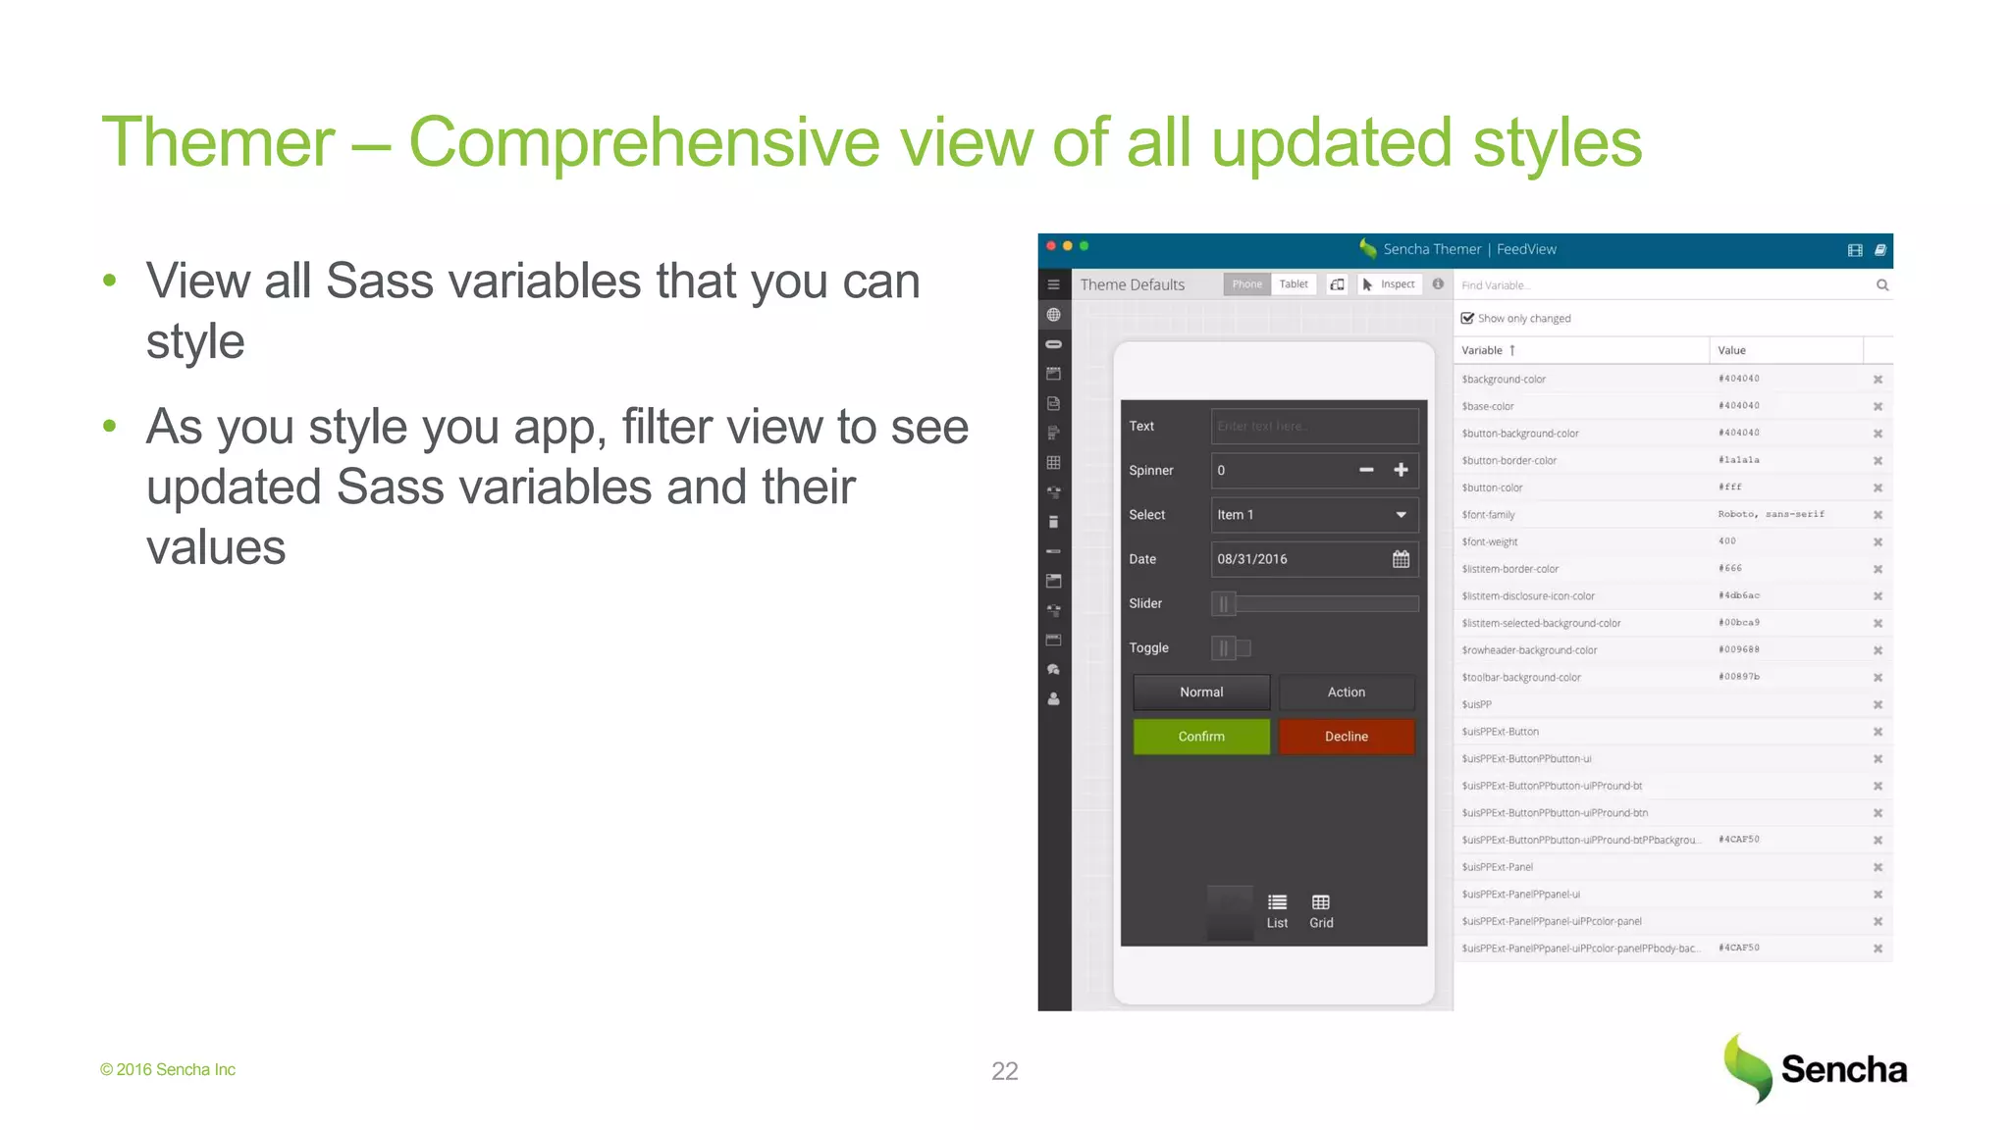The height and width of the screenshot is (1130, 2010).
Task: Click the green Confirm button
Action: pos(1201,737)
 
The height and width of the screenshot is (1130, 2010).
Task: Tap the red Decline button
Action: pos(1346,737)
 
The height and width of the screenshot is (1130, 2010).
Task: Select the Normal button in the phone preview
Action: pos(1201,693)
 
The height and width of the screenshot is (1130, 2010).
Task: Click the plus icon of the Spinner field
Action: pos(1401,470)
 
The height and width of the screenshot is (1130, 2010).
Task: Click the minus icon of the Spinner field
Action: pos(1366,470)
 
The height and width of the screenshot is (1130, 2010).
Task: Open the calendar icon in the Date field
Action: pos(1401,559)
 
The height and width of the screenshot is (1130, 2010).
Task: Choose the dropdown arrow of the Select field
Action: pos(1401,515)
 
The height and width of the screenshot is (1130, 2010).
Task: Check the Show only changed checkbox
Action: pos(1467,318)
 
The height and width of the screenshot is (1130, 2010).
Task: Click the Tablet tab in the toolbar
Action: pos(1294,284)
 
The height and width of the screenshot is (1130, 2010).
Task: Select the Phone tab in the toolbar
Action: pos(1246,284)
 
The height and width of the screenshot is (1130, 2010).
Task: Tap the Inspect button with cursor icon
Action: pos(1389,284)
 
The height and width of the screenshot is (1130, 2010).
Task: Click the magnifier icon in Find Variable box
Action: pos(1882,285)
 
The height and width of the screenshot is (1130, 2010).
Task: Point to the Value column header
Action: pos(1732,350)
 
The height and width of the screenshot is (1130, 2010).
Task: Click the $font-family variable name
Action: pos(1488,515)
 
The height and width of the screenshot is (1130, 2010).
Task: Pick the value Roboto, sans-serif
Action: pos(1771,514)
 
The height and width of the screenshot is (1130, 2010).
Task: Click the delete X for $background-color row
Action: pos(1878,380)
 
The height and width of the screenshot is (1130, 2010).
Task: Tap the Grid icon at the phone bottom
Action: pos(1321,909)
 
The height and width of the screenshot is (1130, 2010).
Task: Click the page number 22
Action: pos(1004,1071)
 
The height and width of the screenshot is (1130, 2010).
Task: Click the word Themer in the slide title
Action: pos(218,143)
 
